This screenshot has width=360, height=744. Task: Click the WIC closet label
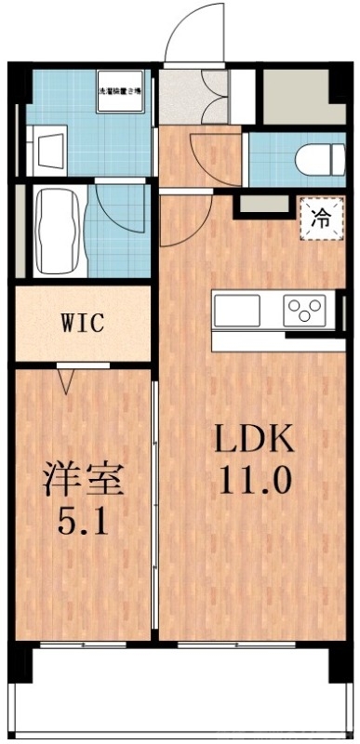(x=82, y=324)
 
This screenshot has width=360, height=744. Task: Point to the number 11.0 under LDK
(x=256, y=480)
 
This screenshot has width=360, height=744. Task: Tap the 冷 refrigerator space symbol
(x=320, y=220)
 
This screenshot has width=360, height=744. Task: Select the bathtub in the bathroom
(x=59, y=232)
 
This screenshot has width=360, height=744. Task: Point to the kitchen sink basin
(x=236, y=311)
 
